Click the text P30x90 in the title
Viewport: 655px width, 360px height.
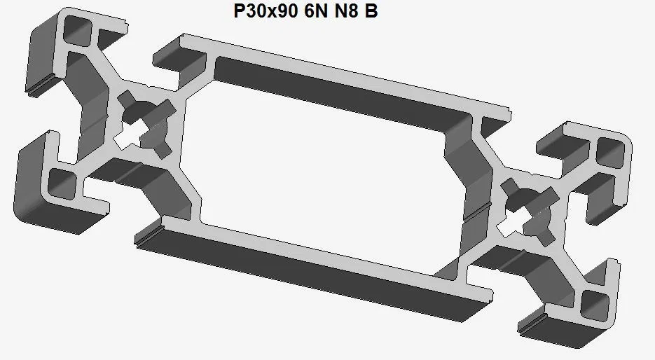pos(263,12)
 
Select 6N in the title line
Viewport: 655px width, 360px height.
pos(315,12)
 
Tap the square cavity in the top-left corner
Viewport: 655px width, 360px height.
pos(78,32)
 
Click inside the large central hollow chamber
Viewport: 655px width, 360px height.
pos(322,161)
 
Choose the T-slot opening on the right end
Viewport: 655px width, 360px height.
pos(616,231)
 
